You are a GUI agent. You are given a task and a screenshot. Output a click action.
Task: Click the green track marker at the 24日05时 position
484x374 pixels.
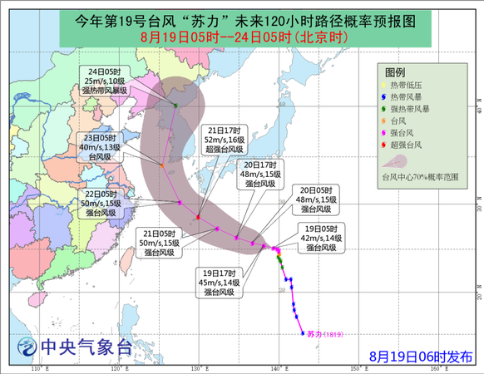[175, 105]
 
